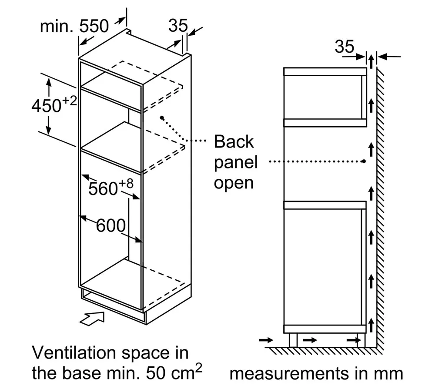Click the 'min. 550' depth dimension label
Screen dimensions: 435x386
click(74, 27)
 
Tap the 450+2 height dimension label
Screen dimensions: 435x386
click(54, 104)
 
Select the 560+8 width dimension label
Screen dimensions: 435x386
click(110, 187)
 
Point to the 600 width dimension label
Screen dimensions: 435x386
click(110, 225)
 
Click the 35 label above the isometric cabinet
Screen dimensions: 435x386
click(178, 26)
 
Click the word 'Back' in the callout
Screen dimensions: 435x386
click(234, 141)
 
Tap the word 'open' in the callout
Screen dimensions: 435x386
click(234, 183)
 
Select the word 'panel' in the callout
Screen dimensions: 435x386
click(236, 163)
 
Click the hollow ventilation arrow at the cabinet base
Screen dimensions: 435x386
click(92, 318)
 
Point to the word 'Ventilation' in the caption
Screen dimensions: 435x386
click(74, 352)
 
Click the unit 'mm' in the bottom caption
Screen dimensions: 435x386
click(388, 374)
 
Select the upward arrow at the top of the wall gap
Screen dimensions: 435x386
click(371, 61)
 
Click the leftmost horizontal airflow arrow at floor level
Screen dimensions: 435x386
click(266, 340)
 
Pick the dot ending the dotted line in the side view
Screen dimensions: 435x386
click(364, 161)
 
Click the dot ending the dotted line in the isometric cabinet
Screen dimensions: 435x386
click(162, 118)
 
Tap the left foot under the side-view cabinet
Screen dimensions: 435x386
click(293, 340)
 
